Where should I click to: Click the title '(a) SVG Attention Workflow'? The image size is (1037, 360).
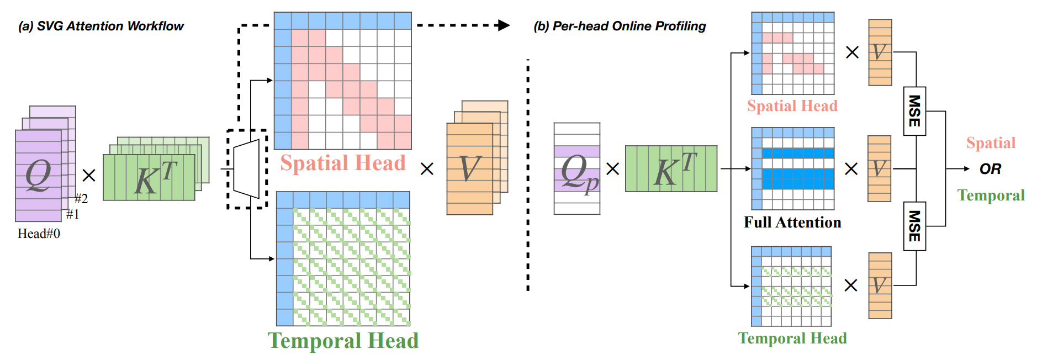[101, 26]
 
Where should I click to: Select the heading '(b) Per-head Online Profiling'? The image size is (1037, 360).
[620, 26]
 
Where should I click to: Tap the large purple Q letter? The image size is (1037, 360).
[38, 175]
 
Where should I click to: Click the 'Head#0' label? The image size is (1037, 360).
[39, 234]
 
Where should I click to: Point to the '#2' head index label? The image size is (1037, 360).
[81, 199]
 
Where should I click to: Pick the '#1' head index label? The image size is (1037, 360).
[72, 214]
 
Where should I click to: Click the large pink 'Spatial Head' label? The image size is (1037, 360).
[343, 163]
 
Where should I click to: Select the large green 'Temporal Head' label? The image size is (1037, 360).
[343, 341]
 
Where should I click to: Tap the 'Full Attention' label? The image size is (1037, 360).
[792, 222]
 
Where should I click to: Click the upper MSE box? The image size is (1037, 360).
[914, 111]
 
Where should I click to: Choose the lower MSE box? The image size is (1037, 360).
[914, 226]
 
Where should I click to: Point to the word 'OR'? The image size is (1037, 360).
[990, 169]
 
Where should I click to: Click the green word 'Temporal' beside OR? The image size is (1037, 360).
[991, 195]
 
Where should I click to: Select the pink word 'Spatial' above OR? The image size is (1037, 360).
[991, 143]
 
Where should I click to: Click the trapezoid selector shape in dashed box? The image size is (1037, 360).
[246, 168]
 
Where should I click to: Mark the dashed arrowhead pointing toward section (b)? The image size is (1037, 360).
[503, 25]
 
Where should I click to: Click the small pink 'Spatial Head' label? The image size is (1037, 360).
[792, 105]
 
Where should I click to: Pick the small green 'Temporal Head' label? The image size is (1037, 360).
[792, 338]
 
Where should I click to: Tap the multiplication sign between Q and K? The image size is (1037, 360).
[89, 175]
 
